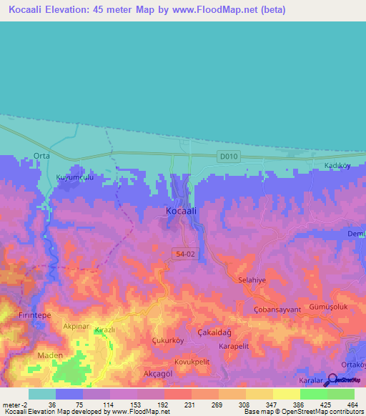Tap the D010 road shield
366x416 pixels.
click(x=228, y=156)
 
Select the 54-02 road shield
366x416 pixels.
click(x=182, y=253)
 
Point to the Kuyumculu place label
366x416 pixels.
click(x=75, y=177)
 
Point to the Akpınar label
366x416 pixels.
click(x=76, y=326)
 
